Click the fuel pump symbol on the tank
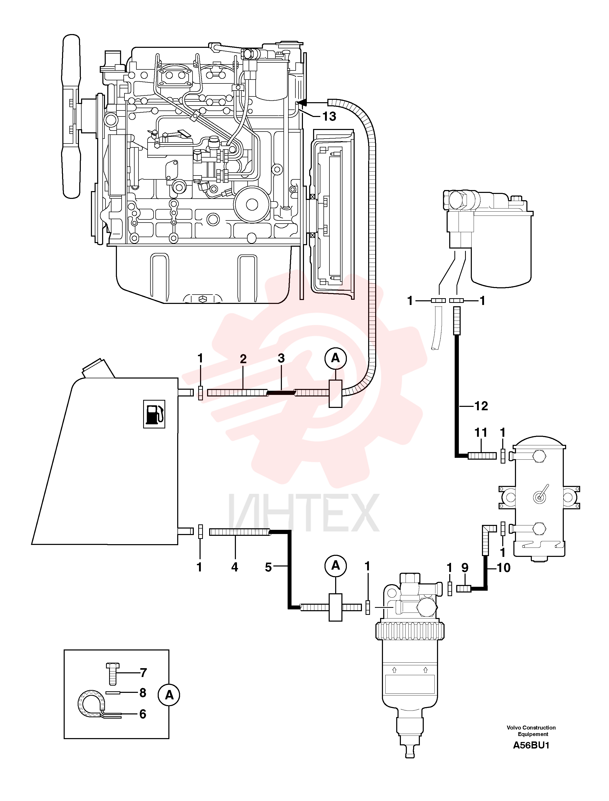click(x=154, y=414)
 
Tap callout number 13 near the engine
click(x=329, y=116)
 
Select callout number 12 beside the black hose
click(x=481, y=406)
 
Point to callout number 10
click(x=504, y=568)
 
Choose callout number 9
click(x=465, y=568)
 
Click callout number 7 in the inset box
click(x=143, y=673)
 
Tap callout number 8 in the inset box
click(x=143, y=693)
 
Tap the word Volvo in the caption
click(x=514, y=727)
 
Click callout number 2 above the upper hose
click(x=243, y=359)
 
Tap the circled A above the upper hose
click(x=336, y=359)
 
